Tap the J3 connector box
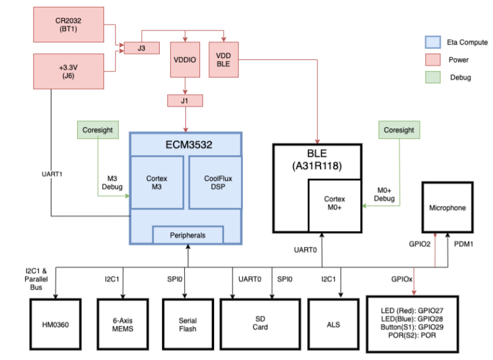pos(141,47)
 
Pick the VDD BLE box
pos(223,59)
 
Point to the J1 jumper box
pos(184,101)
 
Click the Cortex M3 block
pos(157,182)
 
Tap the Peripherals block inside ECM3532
pos(187,235)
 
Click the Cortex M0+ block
pos(335,204)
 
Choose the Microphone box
pos(447,208)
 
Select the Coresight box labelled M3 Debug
pos(97,130)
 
